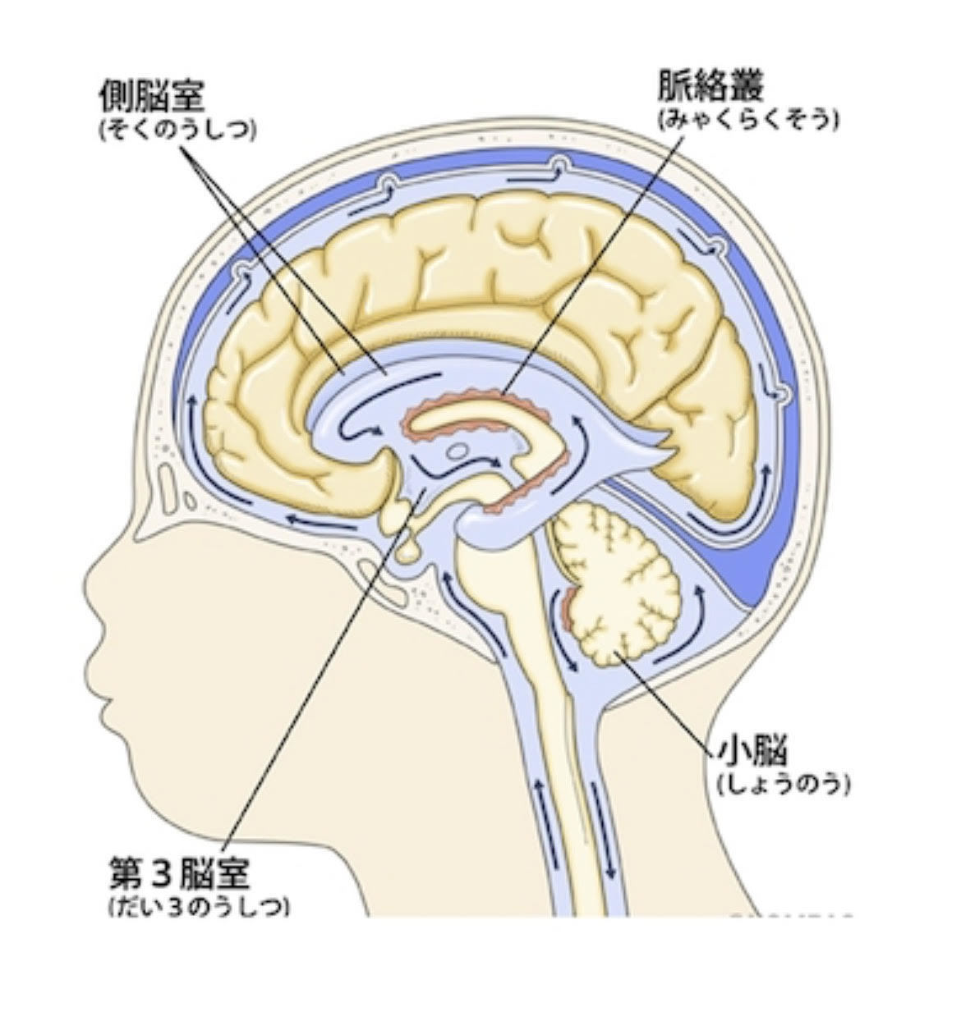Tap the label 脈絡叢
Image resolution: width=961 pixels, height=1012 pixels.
tap(711, 85)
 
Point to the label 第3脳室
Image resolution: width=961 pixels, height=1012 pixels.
tap(179, 875)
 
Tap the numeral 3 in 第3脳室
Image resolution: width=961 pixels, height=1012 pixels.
tap(161, 875)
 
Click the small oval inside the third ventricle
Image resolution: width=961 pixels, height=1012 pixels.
tap(458, 450)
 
